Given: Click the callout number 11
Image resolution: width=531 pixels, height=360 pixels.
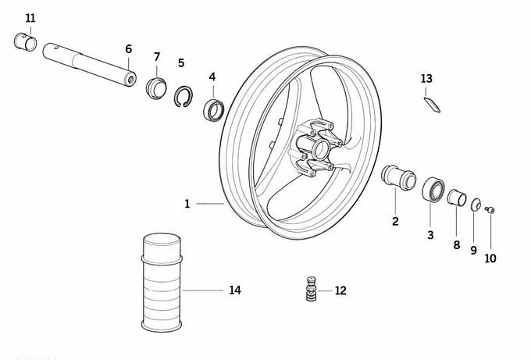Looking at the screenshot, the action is pyautogui.click(x=30, y=18).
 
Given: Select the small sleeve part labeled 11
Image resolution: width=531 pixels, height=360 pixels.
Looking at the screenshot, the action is pyautogui.click(x=26, y=41).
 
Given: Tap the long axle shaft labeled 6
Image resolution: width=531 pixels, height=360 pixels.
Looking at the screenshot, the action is pyautogui.click(x=89, y=64).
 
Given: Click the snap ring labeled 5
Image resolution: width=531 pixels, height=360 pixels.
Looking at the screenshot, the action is pyautogui.click(x=184, y=97).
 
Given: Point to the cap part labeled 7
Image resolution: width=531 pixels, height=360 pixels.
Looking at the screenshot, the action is pyautogui.click(x=156, y=88).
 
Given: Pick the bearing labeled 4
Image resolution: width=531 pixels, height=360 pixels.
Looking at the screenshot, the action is pyautogui.click(x=214, y=109).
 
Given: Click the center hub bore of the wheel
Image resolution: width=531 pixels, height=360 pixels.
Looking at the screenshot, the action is pyautogui.click(x=320, y=149).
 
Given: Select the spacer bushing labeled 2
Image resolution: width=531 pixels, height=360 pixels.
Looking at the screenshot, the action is pyautogui.click(x=398, y=177).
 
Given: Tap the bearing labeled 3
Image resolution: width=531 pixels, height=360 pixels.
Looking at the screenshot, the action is pyautogui.click(x=433, y=190).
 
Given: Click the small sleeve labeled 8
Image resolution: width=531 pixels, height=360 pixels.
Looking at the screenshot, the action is pyautogui.click(x=457, y=198).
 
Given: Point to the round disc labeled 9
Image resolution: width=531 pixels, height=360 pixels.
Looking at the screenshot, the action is pyautogui.click(x=476, y=205).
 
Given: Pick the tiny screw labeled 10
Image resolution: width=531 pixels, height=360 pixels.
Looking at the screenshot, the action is pyautogui.click(x=490, y=209).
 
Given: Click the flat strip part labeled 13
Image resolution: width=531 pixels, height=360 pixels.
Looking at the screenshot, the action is pyautogui.click(x=432, y=105).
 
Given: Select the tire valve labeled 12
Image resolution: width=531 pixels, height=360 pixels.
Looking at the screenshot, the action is pyautogui.click(x=312, y=289).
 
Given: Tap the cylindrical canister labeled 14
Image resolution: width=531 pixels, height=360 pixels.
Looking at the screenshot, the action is pyautogui.click(x=162, y=282).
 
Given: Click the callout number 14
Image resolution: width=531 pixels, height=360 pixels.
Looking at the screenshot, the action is pyautogui.click(x=235, y=290).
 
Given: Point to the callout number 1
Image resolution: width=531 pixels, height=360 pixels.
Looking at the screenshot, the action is pyautogui.click(x=187, y=204).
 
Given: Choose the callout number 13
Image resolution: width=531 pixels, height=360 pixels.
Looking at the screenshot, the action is pyautogui.click(x=426, y=79).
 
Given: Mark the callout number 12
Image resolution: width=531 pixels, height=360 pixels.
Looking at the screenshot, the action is pyautogui.click(x=340, y=290).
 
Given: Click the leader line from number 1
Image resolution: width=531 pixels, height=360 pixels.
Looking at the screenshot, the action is pyautogui.click(x=210, y=204).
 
